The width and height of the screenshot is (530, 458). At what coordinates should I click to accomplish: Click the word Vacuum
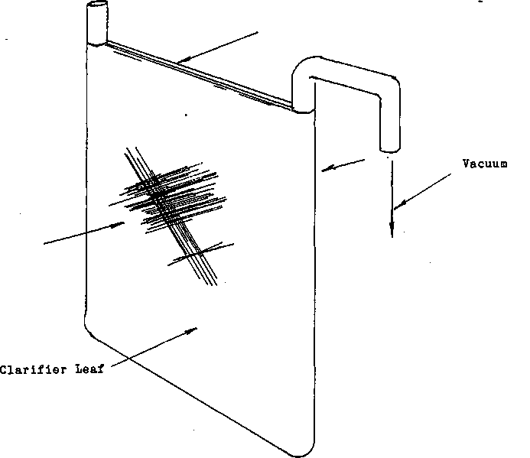[485, 164]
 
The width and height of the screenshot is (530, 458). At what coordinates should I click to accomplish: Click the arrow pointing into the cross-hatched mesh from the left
[84, 233]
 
